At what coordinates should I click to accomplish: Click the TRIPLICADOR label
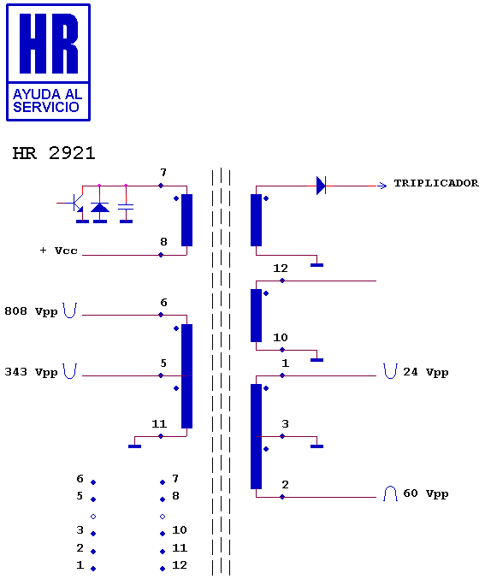[436, 183]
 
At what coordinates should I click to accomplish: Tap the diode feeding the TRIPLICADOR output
[321, 186]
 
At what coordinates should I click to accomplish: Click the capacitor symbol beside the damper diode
[126, 207]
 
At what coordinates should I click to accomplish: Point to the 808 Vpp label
[31, 311]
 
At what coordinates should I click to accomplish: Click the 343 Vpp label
[31, 372]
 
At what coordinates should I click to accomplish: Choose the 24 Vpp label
[425, 372]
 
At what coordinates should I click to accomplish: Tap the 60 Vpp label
[425, 493]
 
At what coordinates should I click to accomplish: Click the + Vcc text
[59, 251]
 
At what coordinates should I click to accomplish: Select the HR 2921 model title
[54, 153]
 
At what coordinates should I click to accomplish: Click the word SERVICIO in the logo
[46, 107]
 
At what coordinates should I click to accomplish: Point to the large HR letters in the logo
[49, 44]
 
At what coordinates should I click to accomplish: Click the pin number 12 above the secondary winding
[281, 268]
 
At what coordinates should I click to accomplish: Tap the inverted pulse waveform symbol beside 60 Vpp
[390, 493]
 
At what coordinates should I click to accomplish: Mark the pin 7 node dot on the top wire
[161, 186]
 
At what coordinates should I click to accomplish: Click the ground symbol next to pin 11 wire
[134, 446]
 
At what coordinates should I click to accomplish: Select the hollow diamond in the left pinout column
[93, 517]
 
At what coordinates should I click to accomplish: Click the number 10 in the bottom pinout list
[180, 530]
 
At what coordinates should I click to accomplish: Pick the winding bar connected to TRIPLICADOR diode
[256, 220]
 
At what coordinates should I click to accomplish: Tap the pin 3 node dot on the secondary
[282, 436]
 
